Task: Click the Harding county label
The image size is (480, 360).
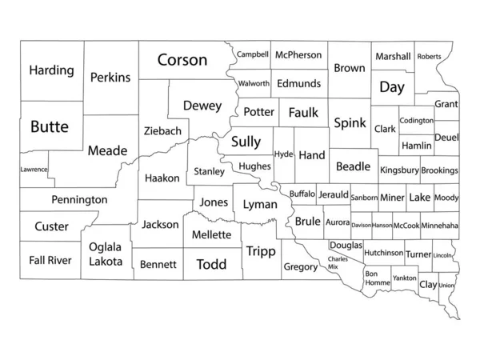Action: (51, 70)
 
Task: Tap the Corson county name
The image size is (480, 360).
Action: (182, 60)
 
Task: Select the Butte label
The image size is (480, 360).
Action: (50, 126)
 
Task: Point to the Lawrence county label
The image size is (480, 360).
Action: (34, 170)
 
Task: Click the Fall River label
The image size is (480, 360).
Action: (50, 260)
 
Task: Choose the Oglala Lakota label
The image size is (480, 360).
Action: (106, 254)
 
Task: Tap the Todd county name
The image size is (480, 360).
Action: (211, 264)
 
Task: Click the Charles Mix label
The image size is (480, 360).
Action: (338, 262)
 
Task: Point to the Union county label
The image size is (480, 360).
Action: (446, 286)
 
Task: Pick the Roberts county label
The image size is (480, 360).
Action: (429, 57)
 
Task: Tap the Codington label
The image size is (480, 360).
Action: (416, 120)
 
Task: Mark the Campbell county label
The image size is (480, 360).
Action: (252, 55)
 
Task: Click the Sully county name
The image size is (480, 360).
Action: (246, 142)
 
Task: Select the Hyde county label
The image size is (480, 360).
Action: (283, 154)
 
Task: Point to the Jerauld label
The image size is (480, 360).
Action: (333, 194)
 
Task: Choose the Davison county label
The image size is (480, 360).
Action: (361, 226)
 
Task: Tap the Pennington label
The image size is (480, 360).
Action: (79, 199)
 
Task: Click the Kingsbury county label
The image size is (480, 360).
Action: (399, 170)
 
